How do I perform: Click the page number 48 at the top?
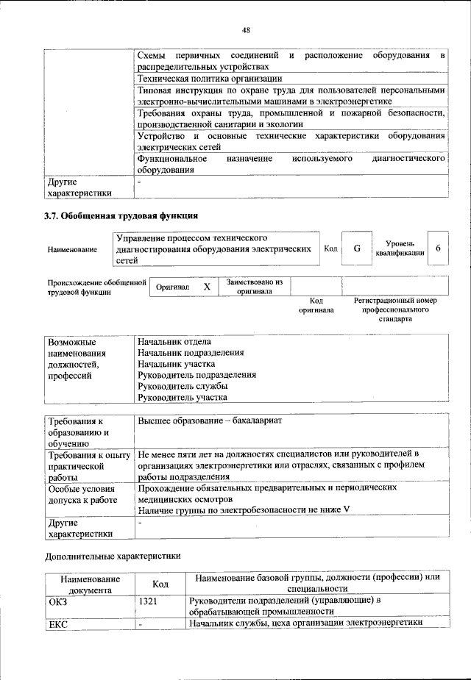pyautogui.click(x=246, y=30)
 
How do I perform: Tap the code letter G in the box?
pyautogui.click(x=356, y=248)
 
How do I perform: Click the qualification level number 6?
pyautogui.click(x=438, y=248)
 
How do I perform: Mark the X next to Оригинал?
pyautogui.click(x=208, y=287)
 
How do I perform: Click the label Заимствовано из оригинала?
pyautogui.click(x=254, y=286)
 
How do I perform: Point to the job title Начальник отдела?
pyautogui.click(x=174, y=342)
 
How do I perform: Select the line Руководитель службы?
pyautogui.click(x=182, y=386)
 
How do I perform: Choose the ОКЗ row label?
pyautogui.click(x=57, y=601)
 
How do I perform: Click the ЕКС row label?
pyautogui.click(x=57, y=623)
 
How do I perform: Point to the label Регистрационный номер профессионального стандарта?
pyautogui.click(x=395, y=310)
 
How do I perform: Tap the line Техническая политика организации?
pyautogui.click(x=210, y=79)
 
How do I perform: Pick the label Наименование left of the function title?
pyautogui.click(x=72, y=250)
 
